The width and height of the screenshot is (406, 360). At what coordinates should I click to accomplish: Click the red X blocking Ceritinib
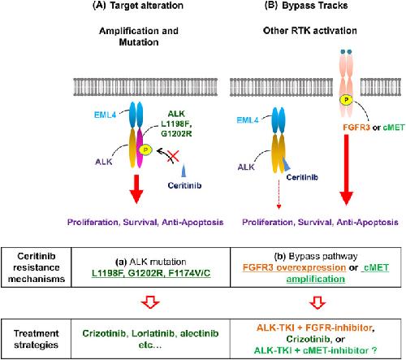[173, 157]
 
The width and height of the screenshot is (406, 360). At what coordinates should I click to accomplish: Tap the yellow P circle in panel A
[145, 150]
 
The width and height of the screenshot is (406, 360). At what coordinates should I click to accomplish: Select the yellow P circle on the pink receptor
[346, 100]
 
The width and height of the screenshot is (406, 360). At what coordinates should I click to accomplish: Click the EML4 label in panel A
[105, 115]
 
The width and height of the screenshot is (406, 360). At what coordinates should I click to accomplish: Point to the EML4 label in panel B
[248, 120]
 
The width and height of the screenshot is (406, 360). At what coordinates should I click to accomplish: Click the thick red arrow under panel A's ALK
[136, 189]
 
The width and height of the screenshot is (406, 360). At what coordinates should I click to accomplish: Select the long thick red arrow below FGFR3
[346, 170]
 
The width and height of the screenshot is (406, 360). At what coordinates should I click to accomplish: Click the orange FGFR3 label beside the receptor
[356, 128]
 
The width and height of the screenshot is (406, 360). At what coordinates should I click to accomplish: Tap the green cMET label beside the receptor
[394, 128]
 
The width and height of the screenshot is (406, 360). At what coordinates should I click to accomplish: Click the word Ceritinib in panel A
[184, 185]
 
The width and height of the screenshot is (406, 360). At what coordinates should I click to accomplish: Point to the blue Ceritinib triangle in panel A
[184, 171]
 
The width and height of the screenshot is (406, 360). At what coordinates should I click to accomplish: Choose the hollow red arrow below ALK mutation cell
[151, 302]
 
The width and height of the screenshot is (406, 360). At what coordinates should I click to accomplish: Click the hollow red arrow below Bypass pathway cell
[317, 302]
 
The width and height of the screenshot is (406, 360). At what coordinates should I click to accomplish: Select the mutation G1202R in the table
[146, 273]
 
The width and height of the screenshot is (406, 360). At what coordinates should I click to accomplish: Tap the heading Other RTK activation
[310, 31]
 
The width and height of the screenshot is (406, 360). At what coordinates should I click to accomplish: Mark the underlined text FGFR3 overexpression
[294, 267]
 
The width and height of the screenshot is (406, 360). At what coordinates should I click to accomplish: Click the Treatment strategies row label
[37, 339]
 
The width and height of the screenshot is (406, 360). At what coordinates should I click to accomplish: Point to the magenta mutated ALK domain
[140, 149]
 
